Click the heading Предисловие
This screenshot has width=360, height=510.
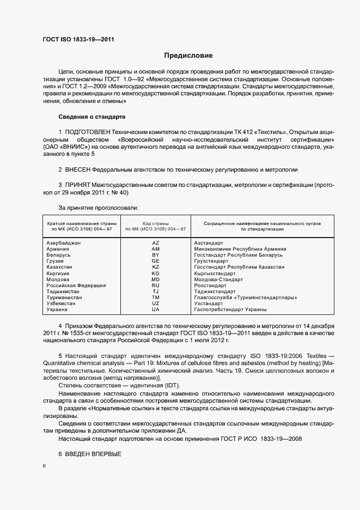[x=188, y=56]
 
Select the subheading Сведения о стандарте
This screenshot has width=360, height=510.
[x=92, y=117]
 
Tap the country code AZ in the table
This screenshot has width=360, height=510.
[x=155, y=242]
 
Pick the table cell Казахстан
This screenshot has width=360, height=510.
[x=59, y=268]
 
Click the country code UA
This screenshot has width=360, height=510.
[x=155, y=309]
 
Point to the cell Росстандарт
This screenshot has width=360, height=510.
[x=210, y=286]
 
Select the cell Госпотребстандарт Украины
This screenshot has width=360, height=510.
[x=230, y=309]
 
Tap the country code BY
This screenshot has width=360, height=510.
[x=155, y=255]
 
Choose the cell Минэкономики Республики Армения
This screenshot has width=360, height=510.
[x=240, y=249]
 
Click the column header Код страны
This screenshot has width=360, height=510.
[x=155, y=223]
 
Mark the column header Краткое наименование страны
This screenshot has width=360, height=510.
[x=80, y=223]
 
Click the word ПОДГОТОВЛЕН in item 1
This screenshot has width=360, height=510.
[x=88, y=132]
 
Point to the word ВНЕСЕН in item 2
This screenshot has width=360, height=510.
[x=80, y=170]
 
